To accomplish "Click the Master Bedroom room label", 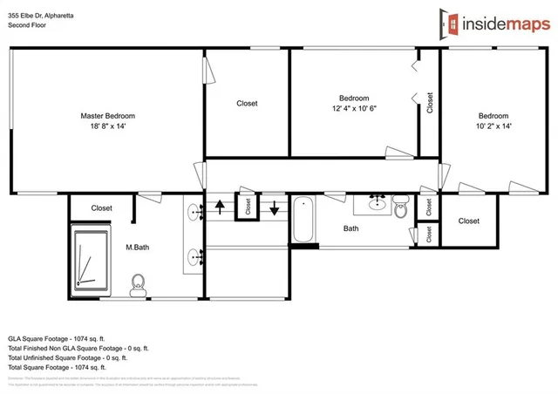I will (x=107, y=115).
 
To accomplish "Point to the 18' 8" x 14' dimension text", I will (x=107, y=126).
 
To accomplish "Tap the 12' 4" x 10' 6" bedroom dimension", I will (x=354, y=108).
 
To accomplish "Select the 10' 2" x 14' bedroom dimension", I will (x=493, y=126).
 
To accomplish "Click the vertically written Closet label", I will (x=430, y=103).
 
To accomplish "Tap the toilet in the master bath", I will (x=137, y=282).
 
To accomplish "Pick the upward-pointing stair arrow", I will (x=220, y=207).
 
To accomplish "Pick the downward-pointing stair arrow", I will (x=276, y=207).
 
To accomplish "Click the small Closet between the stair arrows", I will (x=248, y=207).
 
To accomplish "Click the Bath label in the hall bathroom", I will (x=350, y=229).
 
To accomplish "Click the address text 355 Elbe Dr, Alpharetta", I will (x=45, y=15).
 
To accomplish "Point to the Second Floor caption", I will (x=27, y=26).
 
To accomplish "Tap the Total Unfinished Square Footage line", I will (x=67, y=357).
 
